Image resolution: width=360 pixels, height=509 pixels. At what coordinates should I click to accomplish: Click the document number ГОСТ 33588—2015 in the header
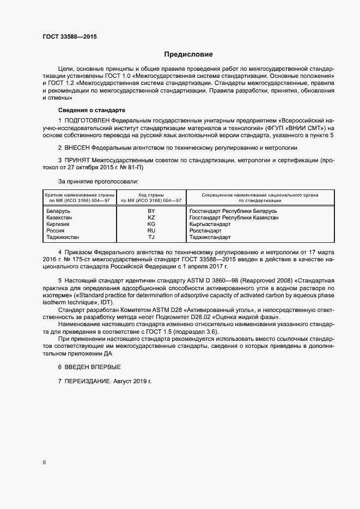click(69, 37)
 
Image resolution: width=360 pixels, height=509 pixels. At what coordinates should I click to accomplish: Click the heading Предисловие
click(188, 54)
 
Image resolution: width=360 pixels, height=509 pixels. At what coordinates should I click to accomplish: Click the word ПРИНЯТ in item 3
click(76, 161)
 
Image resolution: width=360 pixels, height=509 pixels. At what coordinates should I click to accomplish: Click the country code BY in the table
click(151, 210)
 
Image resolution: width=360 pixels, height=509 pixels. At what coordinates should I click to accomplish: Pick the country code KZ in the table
click(151, 217)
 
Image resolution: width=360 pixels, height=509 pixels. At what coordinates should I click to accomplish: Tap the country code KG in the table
click(151, 224)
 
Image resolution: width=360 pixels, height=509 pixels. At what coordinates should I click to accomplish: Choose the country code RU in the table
click(151, 231)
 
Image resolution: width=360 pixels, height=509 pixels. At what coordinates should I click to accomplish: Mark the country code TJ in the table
click(151, 237)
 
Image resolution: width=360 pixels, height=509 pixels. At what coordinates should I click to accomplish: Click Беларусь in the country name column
click(59, 210)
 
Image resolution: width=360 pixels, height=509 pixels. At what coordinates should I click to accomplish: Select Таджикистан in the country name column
click(63, 237)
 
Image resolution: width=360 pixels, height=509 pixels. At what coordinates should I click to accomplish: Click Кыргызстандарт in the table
click(210, 224)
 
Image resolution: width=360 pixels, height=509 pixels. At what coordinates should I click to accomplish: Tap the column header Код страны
click(151, 195)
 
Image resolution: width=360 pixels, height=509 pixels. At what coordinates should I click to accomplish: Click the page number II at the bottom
click(44, 462)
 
